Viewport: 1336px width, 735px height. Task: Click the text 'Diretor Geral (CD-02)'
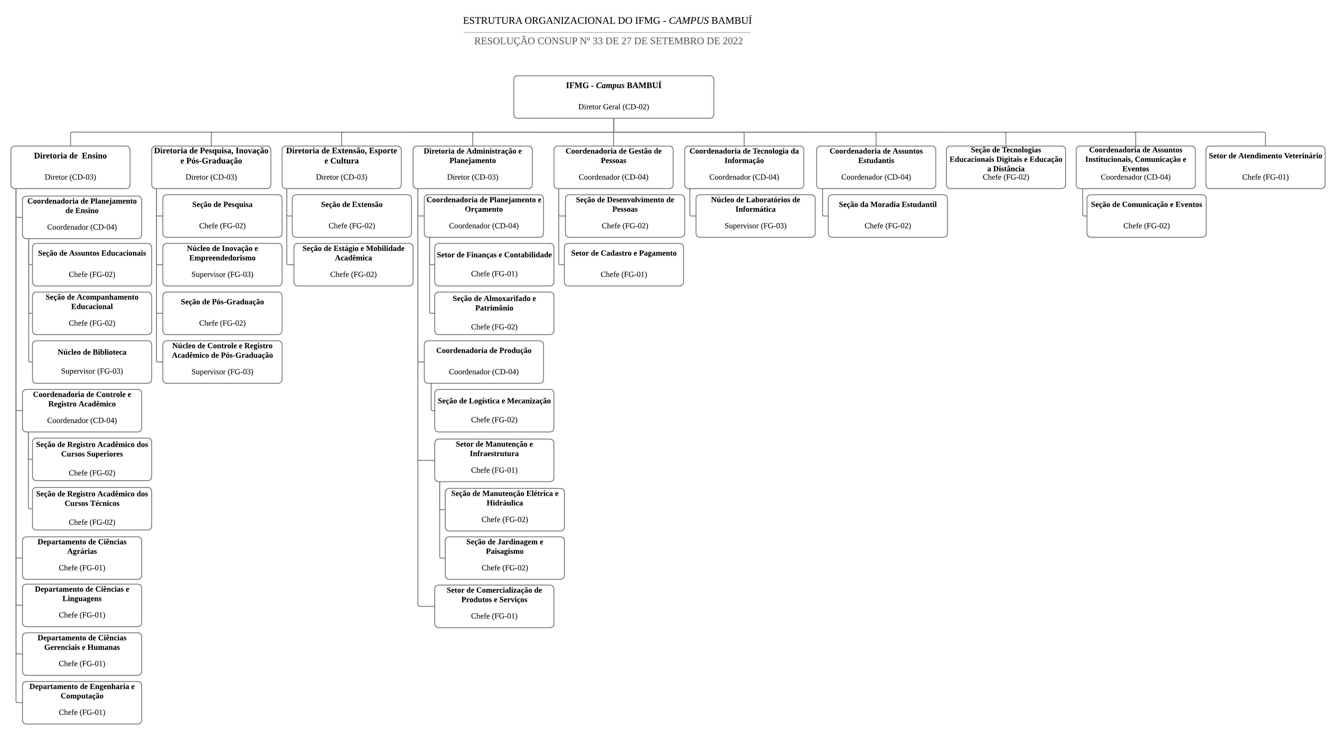click(x=614, y=107)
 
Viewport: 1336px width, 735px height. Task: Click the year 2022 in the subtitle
click(x=732, y=41)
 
